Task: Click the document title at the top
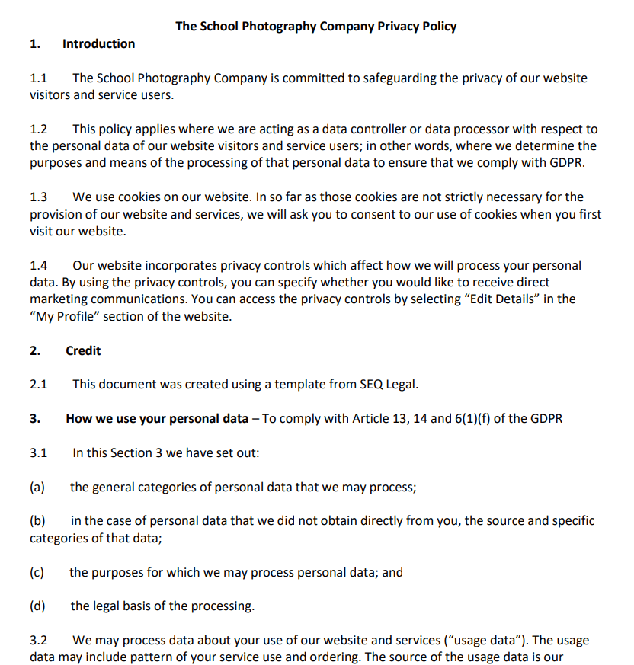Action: click(x=315, y=26)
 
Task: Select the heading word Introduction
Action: click(x=98, y=44)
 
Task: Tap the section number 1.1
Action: click(x=38, y=78)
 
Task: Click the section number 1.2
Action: click(x=38, y=129)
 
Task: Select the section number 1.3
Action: click(x=38, y=197)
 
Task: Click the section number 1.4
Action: click(x=38, y=266)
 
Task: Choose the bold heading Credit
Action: click(x=83, y=351)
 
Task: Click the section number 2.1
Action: click(x=38, y=385)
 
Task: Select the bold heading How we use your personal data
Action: click(x=157, y=419)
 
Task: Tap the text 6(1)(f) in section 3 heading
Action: click(x=472, y=419)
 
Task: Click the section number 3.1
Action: click(x=38, y=453)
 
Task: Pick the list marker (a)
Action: click(x=37, y=488)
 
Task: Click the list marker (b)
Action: click(x=37, y=522)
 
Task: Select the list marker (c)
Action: click(x=37, y=573)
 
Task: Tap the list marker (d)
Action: click(x=37, y=606)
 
